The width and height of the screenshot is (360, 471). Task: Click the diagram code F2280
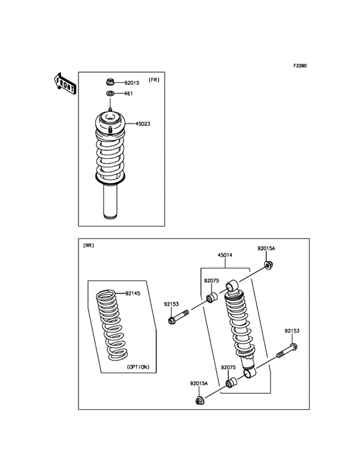click(x=300, y=66)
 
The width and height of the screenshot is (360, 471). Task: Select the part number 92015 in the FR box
click(x=132, y=83)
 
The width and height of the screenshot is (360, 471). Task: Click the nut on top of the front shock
click(x=110, y=82)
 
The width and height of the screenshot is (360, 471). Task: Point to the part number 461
click(x=129, y=94)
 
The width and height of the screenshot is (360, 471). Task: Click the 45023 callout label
click(x=143, y=124)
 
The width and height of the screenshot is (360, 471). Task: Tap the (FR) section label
click(x=154, y=80)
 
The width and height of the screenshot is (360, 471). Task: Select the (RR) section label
click(x=89, y=246)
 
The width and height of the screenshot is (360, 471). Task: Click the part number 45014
click(x=225, y=255)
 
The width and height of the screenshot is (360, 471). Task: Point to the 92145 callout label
click(x=132, y=293)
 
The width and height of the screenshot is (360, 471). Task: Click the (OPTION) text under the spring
click(x=138, y=367)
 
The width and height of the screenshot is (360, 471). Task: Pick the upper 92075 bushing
click(x=210, y=299)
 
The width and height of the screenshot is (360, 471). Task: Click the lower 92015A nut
click(x=199, y=400)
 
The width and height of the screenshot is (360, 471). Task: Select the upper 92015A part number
click(x=266, y=248)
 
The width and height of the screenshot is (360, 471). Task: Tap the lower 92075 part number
click(x=229, y=367)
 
